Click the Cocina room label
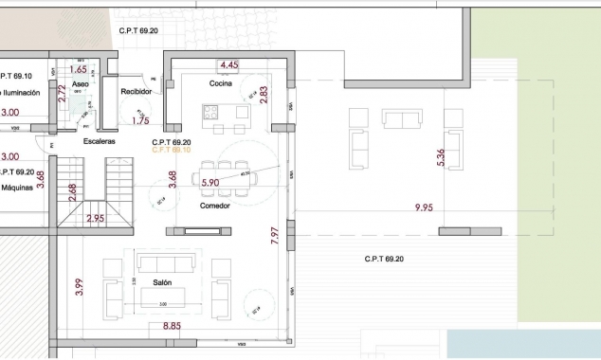click(221, 83)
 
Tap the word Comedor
click(215, 206)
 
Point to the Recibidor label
click(137, 92)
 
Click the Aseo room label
click(82, 84)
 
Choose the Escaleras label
click(100, 141)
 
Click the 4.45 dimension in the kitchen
click(228, 65)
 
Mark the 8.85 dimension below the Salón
click(172, 327)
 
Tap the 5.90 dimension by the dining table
click(210, 183)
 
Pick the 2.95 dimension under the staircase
click(95, 219)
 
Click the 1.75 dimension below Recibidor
click(140, 120)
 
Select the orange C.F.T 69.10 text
click(172, 150)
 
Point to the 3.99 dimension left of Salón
click(80, 285)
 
